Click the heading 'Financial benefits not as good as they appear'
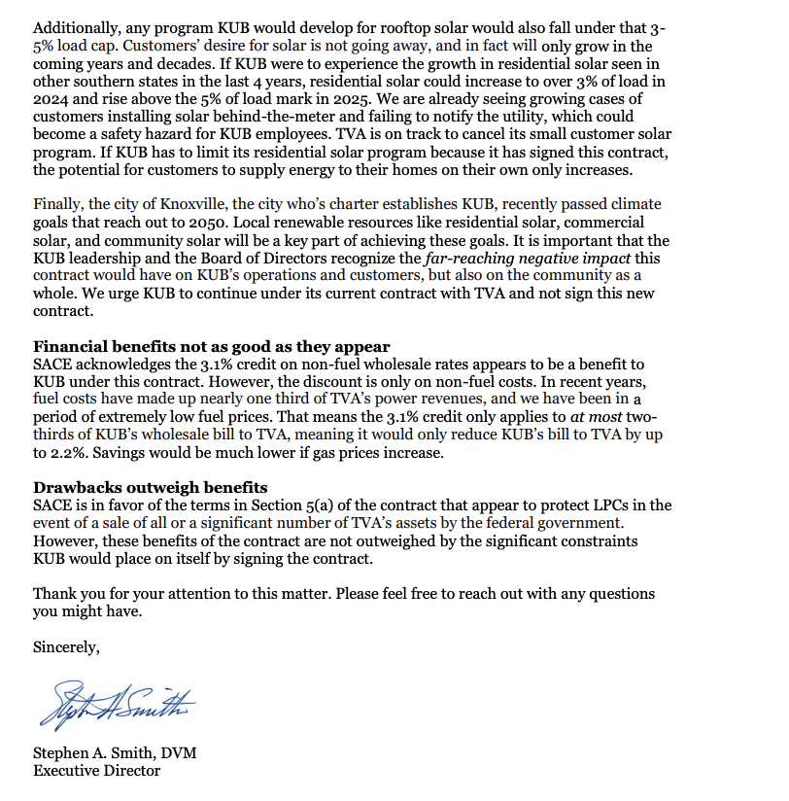[212, 346]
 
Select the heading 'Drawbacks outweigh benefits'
[151, 487]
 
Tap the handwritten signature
[115, 702]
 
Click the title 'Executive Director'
[97, 771]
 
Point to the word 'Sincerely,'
[66, 645]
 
